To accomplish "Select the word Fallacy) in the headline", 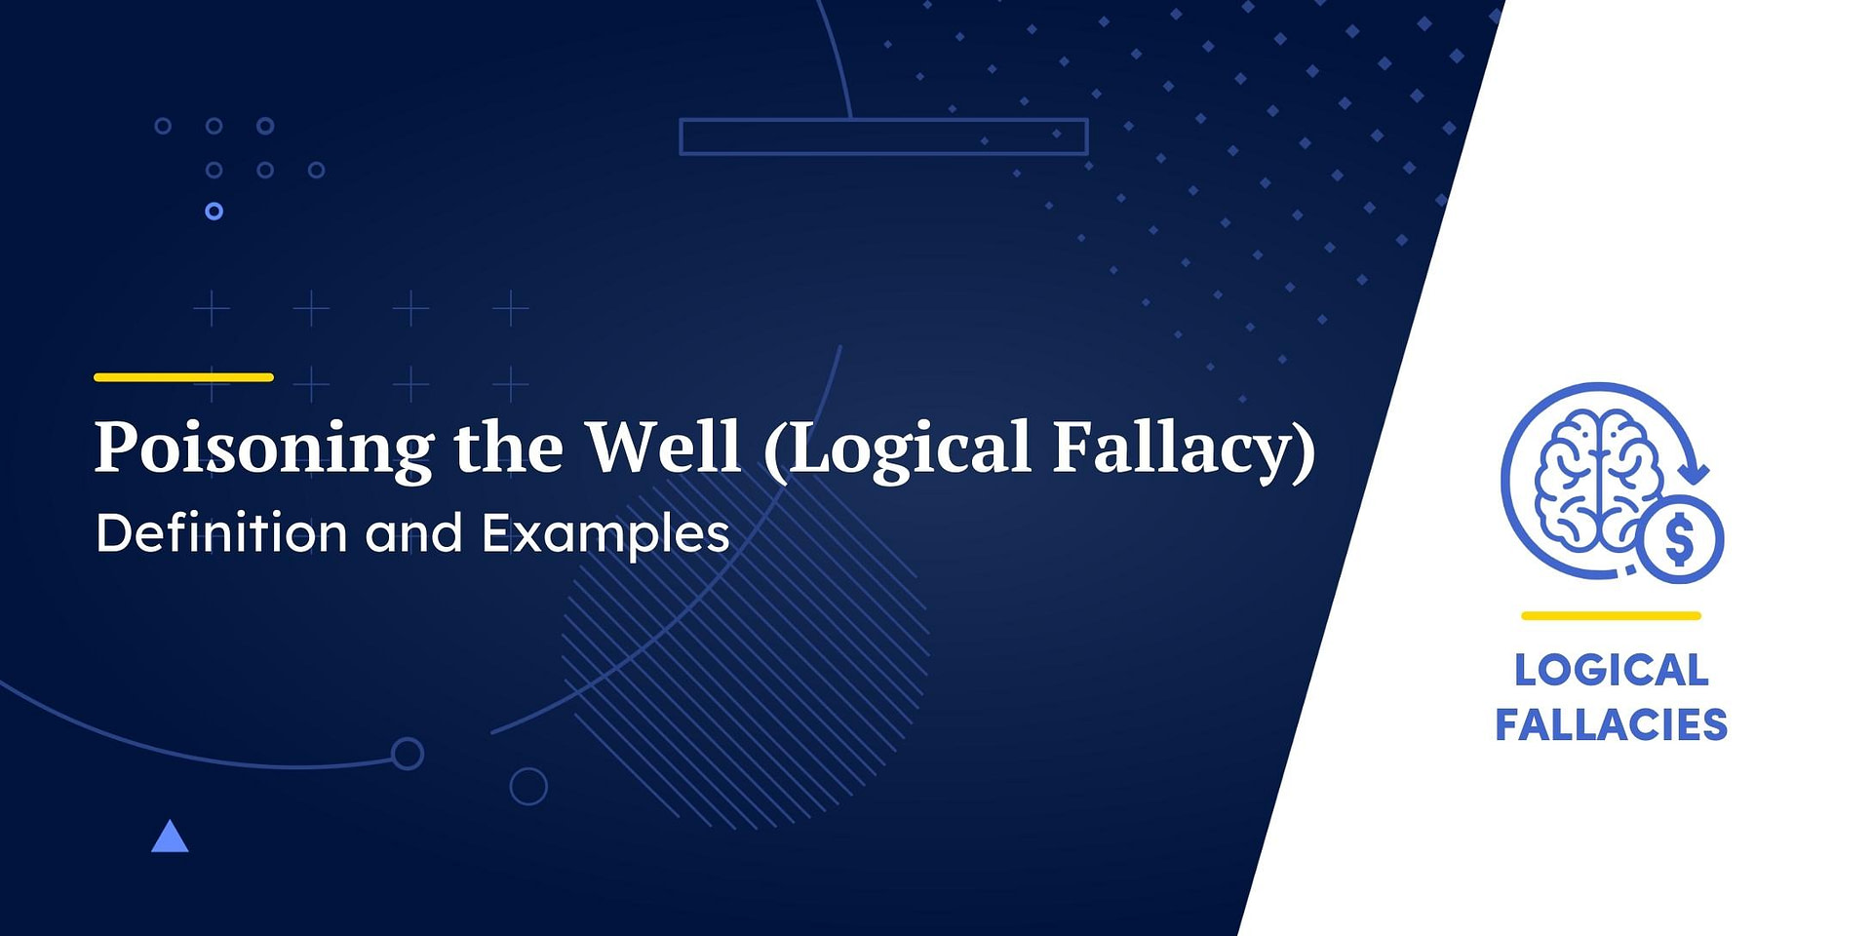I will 1184,448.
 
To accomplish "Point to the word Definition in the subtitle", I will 221,533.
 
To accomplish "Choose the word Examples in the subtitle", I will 605,534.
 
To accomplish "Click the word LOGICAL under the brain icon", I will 1611,671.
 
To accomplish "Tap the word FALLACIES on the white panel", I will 1611,725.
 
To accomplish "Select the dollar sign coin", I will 1680,539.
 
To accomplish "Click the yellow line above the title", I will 183,377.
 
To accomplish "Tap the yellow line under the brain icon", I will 1611,616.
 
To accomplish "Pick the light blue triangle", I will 170,838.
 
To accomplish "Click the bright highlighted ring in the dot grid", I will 214,211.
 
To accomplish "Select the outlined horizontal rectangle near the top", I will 883,136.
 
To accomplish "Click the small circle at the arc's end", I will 408,754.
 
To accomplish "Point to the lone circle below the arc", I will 528,786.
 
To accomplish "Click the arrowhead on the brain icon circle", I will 1697,474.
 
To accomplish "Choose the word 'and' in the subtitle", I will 413,534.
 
